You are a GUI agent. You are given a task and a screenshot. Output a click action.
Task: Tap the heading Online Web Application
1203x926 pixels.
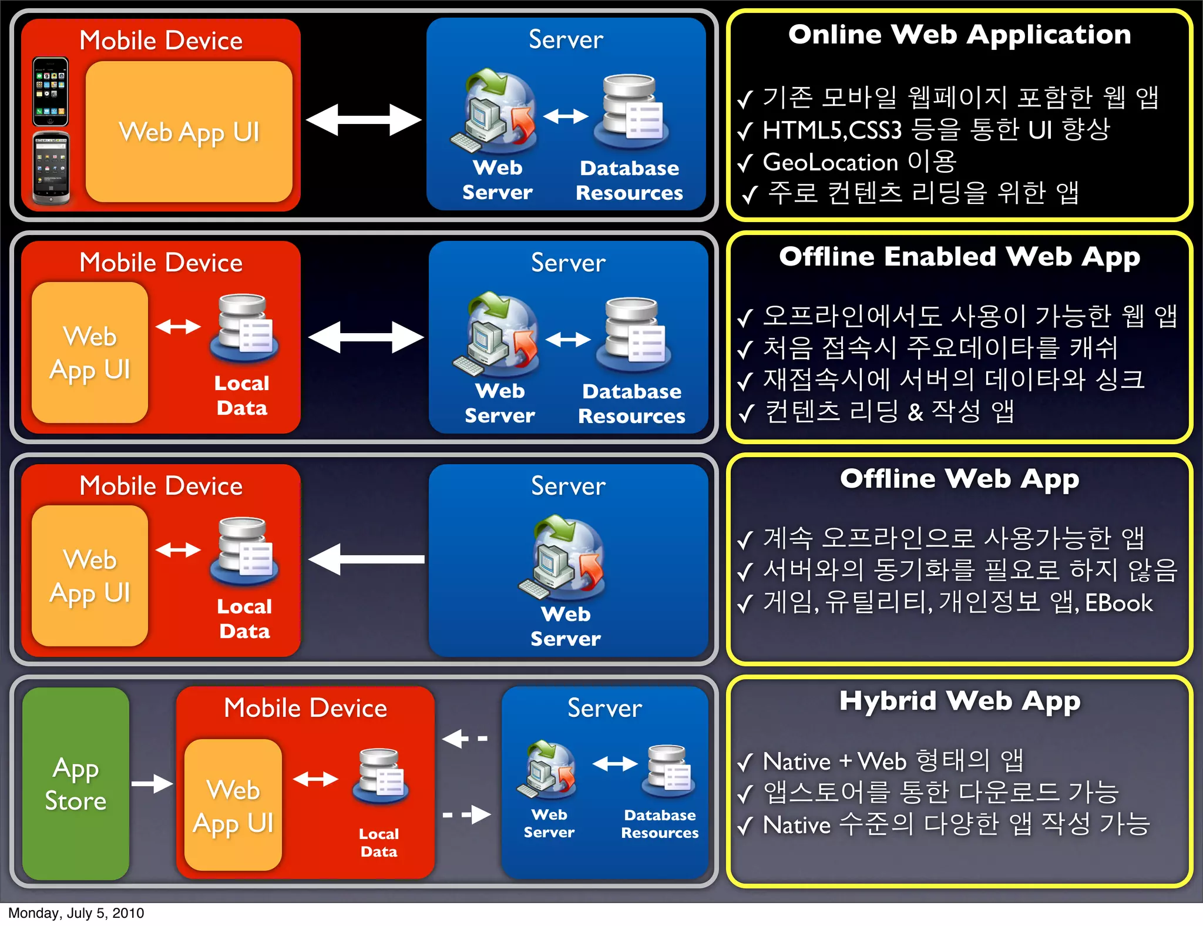click(959, 35)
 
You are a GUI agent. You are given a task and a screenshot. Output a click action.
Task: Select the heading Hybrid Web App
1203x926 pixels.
click(959, 702)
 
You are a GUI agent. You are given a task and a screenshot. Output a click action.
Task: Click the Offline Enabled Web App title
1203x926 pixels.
click(959, 257)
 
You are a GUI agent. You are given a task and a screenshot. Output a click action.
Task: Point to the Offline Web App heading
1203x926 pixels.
click(959, 479)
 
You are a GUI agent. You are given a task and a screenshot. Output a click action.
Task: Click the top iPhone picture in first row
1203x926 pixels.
click(51, 92)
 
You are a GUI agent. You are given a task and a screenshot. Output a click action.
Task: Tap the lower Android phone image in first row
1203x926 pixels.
click(52, 168)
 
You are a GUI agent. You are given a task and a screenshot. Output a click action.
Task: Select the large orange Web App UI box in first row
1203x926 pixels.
click(189, 132)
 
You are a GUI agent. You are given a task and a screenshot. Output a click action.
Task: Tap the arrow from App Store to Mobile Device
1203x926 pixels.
click(152, 783)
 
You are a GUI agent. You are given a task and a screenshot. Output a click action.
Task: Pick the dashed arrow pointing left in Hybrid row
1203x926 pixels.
click(464, 739)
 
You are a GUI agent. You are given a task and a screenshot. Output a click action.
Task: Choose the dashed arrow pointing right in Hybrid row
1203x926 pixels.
click(468, 814)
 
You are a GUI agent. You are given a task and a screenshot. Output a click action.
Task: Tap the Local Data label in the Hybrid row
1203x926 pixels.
click(379, 843)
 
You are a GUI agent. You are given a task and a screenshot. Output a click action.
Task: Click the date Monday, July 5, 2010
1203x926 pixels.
click(76, 913)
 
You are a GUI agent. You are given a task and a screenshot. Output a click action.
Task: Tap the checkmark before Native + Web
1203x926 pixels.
click(745, 763)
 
